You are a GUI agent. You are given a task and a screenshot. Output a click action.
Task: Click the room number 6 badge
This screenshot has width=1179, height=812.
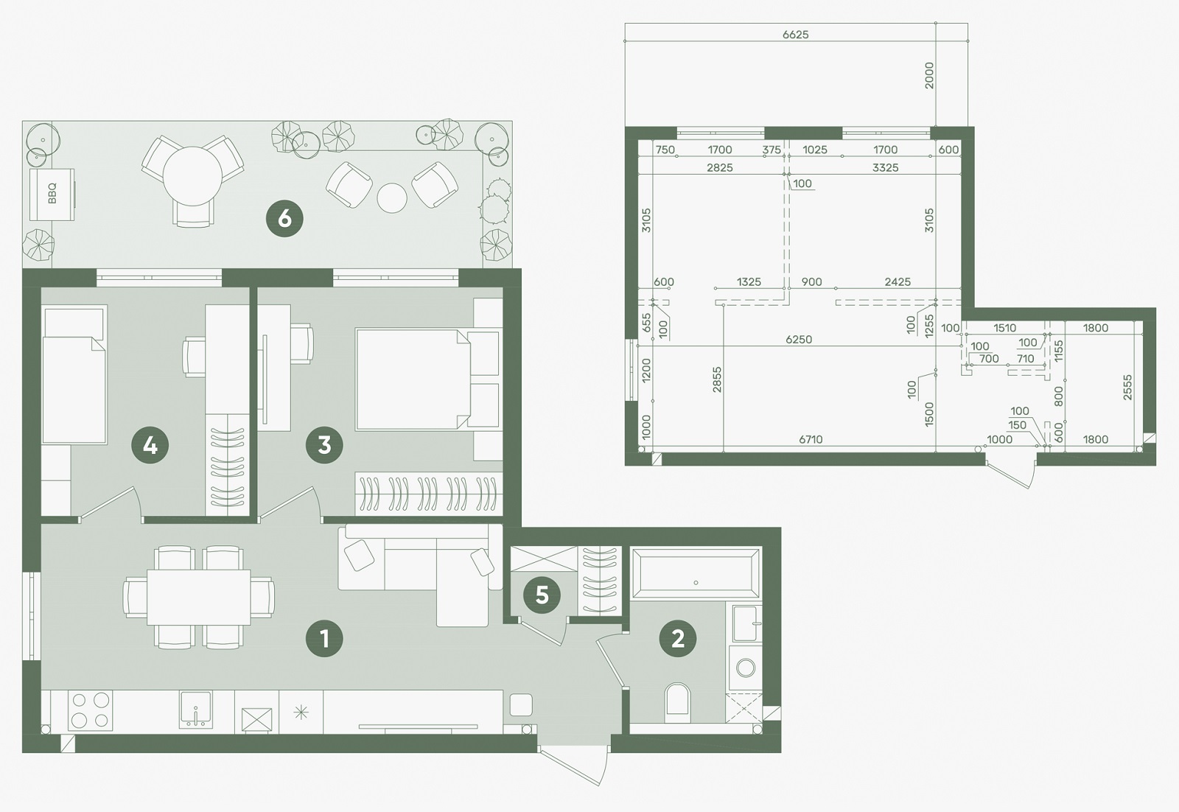click(x=284, y=218)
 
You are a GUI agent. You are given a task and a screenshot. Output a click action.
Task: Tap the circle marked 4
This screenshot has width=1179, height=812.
click(x=150, y=445)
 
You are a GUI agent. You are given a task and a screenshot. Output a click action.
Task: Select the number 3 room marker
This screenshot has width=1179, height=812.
click(x=324, y=445)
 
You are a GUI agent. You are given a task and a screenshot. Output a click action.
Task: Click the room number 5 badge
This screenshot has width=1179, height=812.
click(x=542, y=595)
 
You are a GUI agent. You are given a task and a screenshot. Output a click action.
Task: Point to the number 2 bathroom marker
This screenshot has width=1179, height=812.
click(x=678, y=639)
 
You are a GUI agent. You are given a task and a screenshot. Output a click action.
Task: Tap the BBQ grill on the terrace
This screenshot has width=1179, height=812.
click(x=52, y=195)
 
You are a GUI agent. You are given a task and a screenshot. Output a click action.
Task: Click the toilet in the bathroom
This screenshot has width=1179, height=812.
click(x=677, y=702)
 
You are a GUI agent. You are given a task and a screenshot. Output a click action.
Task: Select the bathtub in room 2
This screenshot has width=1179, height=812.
click(x=696, y=573)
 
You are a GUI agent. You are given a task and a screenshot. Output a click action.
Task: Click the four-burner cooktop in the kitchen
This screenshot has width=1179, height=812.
click(x=91, y=710)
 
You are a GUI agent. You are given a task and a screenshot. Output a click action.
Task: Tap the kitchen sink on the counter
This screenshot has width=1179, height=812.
click(x=196, y=710)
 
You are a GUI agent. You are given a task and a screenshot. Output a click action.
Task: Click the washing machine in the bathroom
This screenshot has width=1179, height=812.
click(x=745, y=668)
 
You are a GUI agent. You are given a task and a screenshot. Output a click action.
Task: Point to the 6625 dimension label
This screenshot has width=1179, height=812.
click(x=795, y=35)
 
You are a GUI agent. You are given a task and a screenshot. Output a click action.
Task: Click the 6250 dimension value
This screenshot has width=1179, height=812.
click(x=799, y=340)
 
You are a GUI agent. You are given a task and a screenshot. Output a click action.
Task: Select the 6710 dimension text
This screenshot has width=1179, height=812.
click(x=811, y=439)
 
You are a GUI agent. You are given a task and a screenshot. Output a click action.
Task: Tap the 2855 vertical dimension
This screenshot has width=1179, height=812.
click(x=716, y=380)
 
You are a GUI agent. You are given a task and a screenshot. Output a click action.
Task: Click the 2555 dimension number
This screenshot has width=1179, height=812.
click(x=1127, y=388)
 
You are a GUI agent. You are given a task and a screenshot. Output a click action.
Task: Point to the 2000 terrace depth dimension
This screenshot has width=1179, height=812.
click(x=929, y=75)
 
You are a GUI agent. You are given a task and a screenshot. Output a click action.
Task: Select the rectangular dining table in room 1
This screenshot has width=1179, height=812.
click(x=198, y=597)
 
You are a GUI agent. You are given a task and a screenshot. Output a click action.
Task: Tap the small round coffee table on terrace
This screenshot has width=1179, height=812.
click(x=391, y=198)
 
